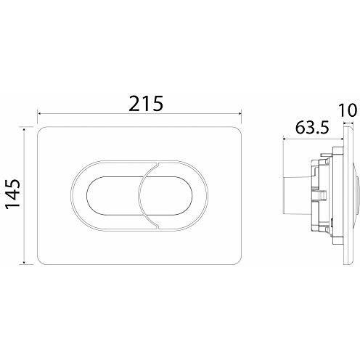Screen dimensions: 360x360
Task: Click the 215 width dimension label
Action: click(x=146, y=104)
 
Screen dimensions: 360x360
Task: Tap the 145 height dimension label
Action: click(x=13, y=194)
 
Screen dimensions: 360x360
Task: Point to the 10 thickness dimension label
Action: click(x=348, y=110)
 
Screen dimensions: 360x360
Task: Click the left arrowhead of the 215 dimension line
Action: click(x=38, y=113)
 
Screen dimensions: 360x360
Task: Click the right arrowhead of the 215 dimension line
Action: click(x=240, y=113)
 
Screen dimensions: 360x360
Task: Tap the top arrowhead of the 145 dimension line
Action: click(x=24, y=131)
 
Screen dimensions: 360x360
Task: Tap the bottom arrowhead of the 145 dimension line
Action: click(x=24, y=262)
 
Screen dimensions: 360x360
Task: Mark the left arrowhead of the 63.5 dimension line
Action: click(x=285, y=139)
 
